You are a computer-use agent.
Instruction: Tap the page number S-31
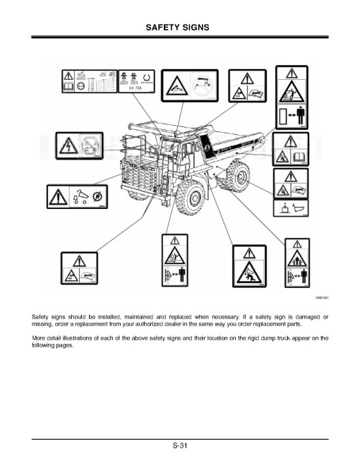click(x=179, y=446)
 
